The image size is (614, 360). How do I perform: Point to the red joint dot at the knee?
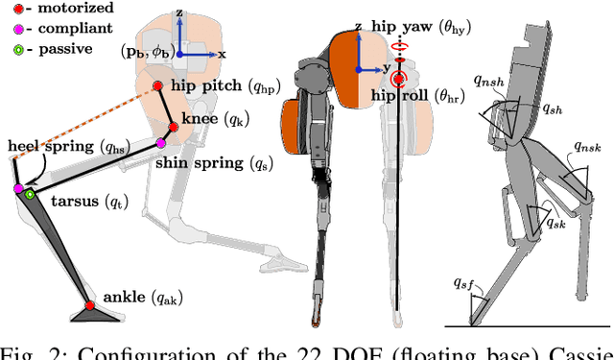pyautogui.click(x=174, y=125)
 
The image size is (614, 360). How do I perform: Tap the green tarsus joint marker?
pyautogui.click(x=31, y=195)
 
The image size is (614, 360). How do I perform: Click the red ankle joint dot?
pyautogui.click(x=89, y=306)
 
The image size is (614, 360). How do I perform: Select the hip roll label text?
pyautogui.click(x=428, y=96)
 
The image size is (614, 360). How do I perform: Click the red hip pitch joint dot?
pyautogui.click(x=158, y=87)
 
